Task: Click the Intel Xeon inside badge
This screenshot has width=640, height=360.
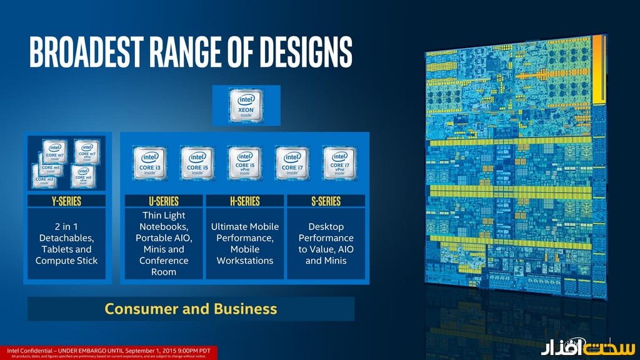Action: point(245,105)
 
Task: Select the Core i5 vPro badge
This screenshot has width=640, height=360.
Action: point(244,164)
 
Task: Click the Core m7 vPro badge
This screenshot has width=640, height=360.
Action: point(87,152)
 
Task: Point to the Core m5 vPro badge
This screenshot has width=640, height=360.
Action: point(82,176)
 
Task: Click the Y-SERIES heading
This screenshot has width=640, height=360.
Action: point(66,201)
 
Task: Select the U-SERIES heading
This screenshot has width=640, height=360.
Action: point(164,201)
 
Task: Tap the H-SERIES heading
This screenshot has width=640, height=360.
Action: point(244,201)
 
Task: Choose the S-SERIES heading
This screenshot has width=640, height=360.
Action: point(326,201)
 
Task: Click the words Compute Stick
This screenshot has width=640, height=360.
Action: point(66,260)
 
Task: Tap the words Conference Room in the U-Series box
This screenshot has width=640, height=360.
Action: point(164,266)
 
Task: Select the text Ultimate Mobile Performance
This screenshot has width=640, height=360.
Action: point(244,232)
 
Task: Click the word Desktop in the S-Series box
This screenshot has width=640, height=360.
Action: point(326,226)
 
